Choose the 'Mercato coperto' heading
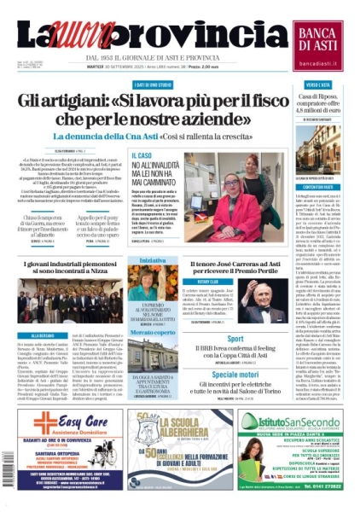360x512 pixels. click(x=141, y=331)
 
